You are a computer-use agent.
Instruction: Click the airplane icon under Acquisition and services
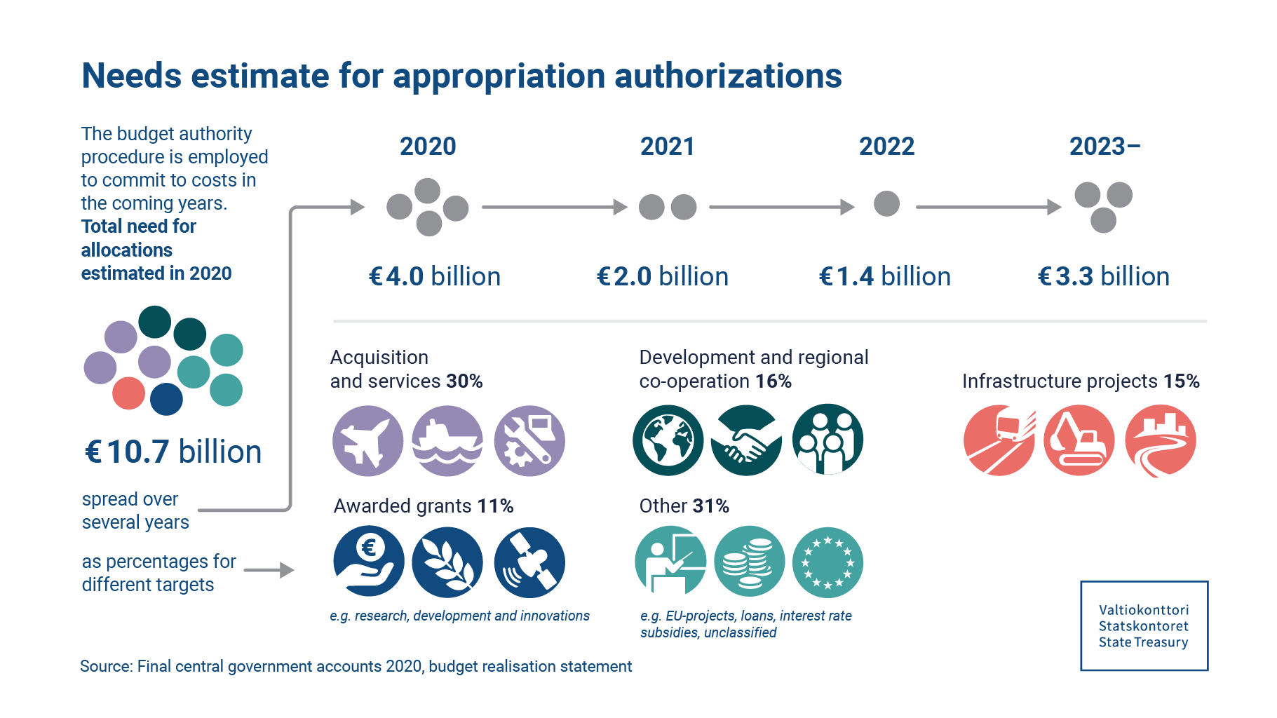[367, 441]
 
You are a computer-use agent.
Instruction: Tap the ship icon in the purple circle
[447, 441]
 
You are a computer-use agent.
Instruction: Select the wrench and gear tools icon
[529, 441]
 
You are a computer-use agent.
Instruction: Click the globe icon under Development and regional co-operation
[668, 440]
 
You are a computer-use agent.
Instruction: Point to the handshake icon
[746, 440]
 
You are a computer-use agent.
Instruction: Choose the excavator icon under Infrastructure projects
[1079, 440]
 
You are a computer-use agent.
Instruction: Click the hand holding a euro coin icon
[369, 562]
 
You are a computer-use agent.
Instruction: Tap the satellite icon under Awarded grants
[529, 562]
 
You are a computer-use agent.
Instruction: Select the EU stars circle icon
[827, 562]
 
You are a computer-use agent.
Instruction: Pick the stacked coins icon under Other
[749, 562]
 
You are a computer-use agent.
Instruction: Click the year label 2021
[667, 147]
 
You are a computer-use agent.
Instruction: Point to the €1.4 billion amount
[885, 276]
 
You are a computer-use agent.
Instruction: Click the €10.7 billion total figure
[173, 452]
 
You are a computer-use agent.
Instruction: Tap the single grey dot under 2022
[886, 204]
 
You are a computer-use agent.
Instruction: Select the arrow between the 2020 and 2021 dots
[554, 207]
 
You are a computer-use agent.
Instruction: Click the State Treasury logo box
[1144, 625]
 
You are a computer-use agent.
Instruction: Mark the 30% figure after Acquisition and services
[464, 381]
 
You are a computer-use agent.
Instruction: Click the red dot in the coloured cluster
[129, 393]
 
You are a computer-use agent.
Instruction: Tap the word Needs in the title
[131, 76]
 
